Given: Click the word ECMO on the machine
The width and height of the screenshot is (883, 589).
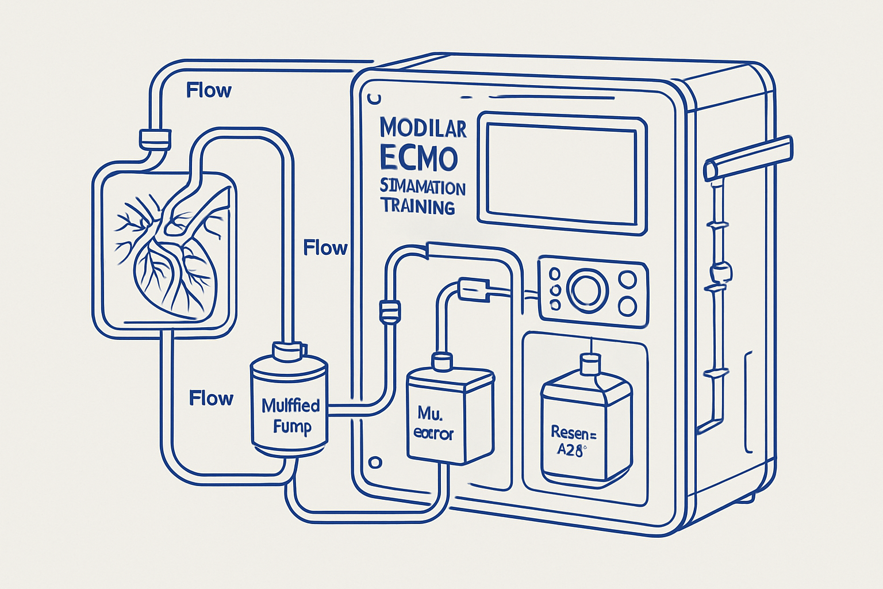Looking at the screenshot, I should tap(419, 158).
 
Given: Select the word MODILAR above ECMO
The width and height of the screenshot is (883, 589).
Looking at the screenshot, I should tap(423, 128).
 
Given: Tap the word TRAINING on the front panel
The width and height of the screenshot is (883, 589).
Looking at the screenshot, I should tap(418, 206).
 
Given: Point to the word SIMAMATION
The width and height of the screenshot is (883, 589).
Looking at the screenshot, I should tap(423, 188).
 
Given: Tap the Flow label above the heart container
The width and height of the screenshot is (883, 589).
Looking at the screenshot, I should tap(209, 90).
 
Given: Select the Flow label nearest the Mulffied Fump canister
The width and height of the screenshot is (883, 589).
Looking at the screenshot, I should tap(211, 398).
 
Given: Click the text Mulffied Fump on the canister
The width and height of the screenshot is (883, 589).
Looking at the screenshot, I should tap(291, 416).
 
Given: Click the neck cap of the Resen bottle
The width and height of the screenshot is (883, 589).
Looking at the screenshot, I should tap(589, 364).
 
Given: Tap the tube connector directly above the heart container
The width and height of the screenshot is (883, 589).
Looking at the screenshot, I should tap(155, 138).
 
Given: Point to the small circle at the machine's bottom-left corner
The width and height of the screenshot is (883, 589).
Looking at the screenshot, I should tap(375, 462).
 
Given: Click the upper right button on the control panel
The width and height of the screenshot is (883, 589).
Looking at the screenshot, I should tap(628, 280).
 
